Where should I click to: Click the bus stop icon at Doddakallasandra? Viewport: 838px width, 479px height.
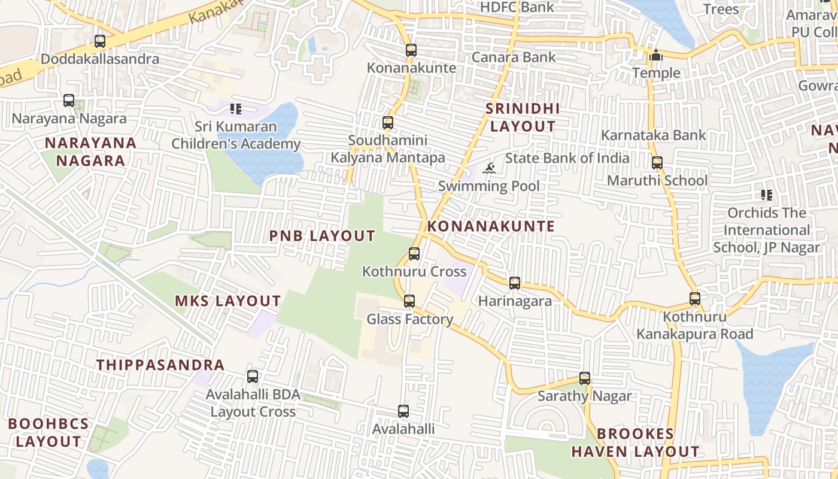pyautogui.click(x=100, y=41)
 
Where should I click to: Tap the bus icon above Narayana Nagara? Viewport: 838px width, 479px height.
pyautogui.click(x=69, y=101)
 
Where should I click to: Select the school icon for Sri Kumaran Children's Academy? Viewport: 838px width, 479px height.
pyautogui.click(x=236, y=109)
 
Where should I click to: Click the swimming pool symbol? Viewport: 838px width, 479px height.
pyautogui.click(x=489, y=168)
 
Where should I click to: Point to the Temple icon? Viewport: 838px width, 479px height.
pyautogui.click(x=657, y=56)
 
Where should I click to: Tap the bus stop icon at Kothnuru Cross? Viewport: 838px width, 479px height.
pyautogui.click(x=414, y=254)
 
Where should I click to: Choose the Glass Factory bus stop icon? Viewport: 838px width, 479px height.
pyautogui.click(x=409, y=301)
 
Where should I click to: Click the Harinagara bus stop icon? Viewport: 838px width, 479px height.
pyautogui.click(x=515, y=283)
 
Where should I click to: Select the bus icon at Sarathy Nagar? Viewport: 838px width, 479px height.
pyautogui.click(x=585, y=378)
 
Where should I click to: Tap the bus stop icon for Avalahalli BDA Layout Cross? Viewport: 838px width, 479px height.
pyautogui.click(x=253, y=377)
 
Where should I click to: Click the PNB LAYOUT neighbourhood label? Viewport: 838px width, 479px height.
pyautogui.click(x=322, y=236)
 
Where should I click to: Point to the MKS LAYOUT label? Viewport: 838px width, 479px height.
pyautogui.click(x=227, y=301)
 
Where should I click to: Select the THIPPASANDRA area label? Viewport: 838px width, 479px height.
pyautogui.click(x=160, y=365)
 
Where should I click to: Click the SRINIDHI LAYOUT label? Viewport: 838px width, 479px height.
pyautogui.click(x=523, y=117)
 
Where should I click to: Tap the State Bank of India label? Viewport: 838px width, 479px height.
pyautogui.click(x=567, y=158)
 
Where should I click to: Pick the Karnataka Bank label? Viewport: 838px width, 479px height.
pyautogui.click(x=654, y=135)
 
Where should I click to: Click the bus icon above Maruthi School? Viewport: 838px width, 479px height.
pyautogui.click(x=657, y=163)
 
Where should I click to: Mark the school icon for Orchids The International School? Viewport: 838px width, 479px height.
pyautogui.click(x=766, y=195)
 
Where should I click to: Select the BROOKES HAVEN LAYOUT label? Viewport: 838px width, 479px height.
pyautogui.click(x=635, y=442)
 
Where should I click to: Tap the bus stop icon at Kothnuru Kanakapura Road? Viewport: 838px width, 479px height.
pyautogui.click(x=694, y=298)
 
